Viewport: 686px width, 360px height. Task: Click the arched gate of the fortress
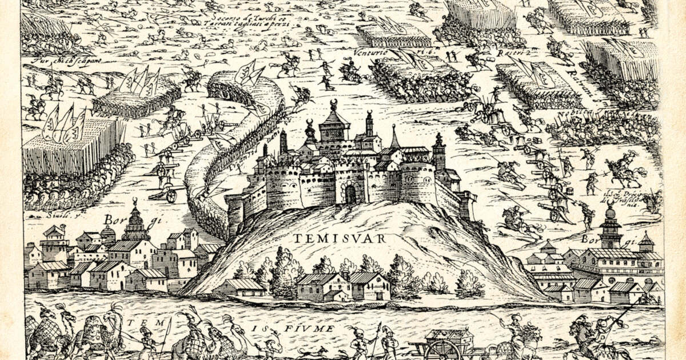point(350,195)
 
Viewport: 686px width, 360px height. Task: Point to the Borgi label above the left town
point(115,218)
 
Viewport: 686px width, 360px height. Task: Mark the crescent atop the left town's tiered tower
point(135,201)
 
